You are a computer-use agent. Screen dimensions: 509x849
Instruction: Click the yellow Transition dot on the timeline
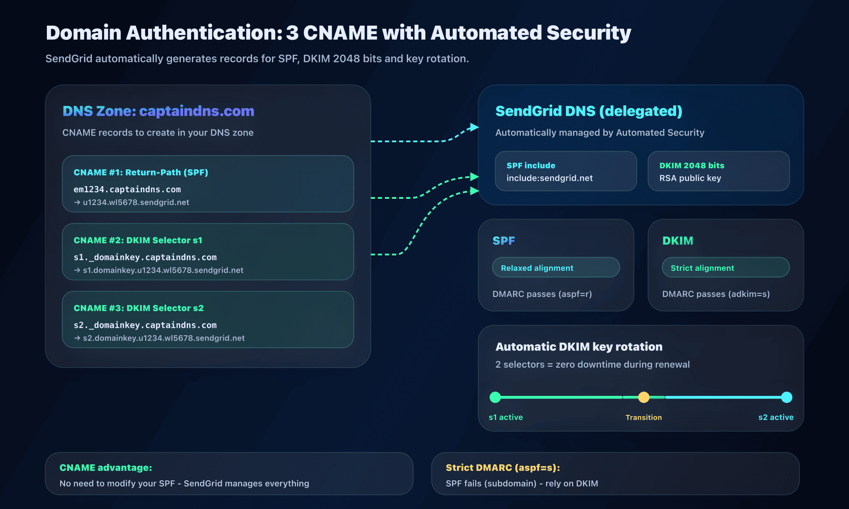[643, 397]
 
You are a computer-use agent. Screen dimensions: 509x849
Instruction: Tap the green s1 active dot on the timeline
[495, 397]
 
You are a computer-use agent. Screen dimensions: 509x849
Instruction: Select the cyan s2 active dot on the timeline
[786, 397]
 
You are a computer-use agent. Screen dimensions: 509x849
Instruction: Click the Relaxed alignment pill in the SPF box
[555, 268]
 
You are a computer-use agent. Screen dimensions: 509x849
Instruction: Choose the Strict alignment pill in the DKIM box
[725, 268]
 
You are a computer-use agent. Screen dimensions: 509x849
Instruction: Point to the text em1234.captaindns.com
[127, 190]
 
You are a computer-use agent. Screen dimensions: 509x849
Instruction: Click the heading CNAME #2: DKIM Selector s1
[138, 240]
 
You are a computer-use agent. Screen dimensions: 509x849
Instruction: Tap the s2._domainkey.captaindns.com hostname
[145, 325]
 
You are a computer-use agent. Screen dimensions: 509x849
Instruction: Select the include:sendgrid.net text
[549, 178]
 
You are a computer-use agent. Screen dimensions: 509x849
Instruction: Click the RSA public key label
[690, 178]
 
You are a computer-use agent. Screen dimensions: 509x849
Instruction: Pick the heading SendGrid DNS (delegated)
[589, 111]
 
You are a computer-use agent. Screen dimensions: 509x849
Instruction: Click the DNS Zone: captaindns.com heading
[158, 111]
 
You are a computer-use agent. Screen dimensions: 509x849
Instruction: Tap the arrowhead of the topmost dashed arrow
[474, 127]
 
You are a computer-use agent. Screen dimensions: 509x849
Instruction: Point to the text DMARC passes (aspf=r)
[542, 294]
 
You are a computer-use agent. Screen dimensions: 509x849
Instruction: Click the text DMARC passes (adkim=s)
[715, 294]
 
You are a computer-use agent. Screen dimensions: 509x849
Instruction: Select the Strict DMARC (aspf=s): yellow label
[502, 467]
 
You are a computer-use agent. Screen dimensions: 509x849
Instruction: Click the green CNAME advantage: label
[106, 467]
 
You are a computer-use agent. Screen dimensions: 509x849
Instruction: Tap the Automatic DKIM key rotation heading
[578, 347]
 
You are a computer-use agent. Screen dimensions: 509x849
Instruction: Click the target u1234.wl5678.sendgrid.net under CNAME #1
[136, 202]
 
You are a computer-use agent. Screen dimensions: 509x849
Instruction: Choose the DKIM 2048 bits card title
[692, 166]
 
